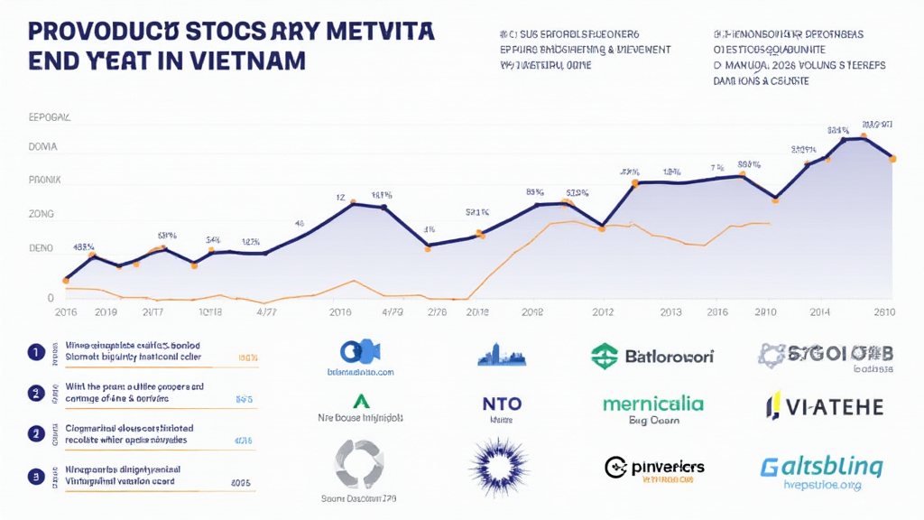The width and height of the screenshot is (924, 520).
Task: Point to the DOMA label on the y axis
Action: coord(44,146)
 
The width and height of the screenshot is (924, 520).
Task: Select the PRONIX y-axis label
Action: coord(45,180)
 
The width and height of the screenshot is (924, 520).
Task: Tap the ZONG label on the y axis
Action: coord(42,214)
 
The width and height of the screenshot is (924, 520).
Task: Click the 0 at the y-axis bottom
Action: coord(51,298)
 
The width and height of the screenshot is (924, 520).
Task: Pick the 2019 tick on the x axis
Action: coord(106,313)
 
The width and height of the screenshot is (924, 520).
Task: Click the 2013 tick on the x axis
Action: coord(670,313)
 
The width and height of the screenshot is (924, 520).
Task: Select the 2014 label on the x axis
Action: coord(819,313)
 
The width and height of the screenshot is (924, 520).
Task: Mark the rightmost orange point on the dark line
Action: coord(892,159)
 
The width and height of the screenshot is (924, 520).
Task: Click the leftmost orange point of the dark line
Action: coord(66,280)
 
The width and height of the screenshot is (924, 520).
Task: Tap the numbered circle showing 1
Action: coord(35,352)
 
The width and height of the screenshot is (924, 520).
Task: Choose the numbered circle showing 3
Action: coord(35,475)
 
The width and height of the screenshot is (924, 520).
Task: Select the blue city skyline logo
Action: coord(501,354)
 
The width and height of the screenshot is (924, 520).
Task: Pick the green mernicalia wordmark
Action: coord(654,403)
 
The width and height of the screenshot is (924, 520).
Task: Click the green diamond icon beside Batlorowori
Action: coord(604,356)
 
